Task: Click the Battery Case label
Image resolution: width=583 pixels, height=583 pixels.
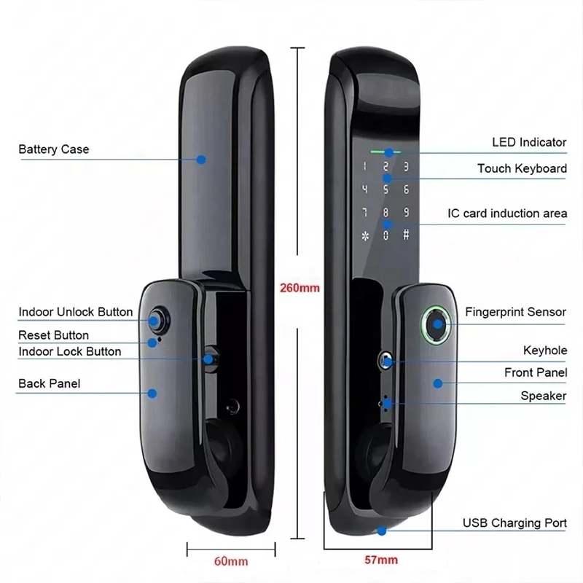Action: [54, 149]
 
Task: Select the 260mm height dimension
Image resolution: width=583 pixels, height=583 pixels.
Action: [300, 287]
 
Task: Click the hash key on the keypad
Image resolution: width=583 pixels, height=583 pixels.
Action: [406, 235]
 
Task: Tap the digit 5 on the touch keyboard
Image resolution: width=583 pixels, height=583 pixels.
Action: [387, 189]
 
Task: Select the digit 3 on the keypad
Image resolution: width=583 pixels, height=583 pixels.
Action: [406, 166]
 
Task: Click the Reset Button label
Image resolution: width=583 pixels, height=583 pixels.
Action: [54, 335]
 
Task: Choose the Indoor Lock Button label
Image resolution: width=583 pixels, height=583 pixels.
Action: [70, 351]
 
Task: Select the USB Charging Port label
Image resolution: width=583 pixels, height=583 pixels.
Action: [514, 523]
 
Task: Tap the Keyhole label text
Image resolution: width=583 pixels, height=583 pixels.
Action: [544, 351]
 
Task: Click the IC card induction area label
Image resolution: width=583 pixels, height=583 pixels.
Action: [506, 214]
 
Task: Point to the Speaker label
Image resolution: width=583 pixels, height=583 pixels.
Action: [543, 396]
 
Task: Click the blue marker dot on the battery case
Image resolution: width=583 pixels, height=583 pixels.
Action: [202, 159]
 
